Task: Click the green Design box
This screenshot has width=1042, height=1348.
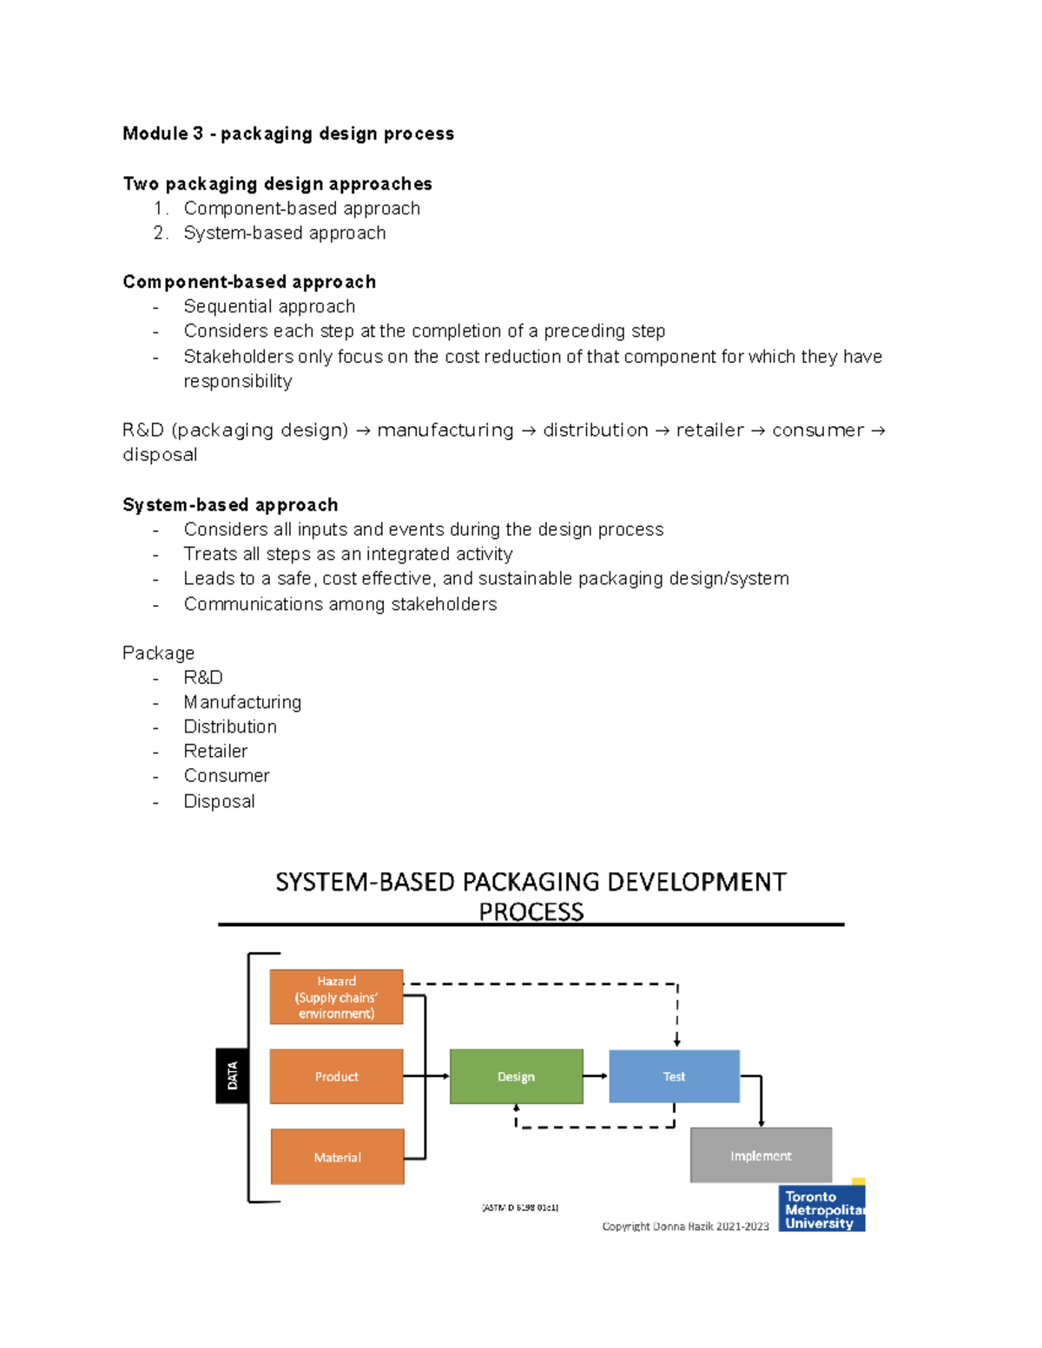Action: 516,1076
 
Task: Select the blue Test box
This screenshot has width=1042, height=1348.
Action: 674,1076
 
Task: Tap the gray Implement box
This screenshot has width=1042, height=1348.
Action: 761,1155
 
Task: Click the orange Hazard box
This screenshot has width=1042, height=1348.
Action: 336,997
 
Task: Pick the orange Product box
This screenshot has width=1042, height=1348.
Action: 336,1076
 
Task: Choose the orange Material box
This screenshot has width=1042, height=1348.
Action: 337,1157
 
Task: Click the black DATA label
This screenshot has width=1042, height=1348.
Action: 232,1076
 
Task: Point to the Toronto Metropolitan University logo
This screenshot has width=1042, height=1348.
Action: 821,1208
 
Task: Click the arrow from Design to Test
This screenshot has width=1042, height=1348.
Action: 596,1076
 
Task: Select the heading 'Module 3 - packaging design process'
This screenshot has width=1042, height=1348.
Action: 288,134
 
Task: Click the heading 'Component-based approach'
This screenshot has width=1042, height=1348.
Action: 249,282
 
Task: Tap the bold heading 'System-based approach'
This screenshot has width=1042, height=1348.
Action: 230,505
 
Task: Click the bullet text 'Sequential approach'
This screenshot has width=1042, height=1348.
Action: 269,306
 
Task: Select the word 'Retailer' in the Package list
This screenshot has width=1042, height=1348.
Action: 215,751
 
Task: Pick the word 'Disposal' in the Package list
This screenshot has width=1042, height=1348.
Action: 219,801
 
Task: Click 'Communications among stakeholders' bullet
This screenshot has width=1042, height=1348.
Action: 340,604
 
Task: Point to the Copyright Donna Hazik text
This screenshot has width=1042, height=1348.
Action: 685,1226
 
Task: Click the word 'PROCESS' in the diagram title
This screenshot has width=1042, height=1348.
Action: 531,911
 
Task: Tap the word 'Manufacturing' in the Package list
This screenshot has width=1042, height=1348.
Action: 242,702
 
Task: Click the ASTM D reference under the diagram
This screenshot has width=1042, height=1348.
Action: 520,1207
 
